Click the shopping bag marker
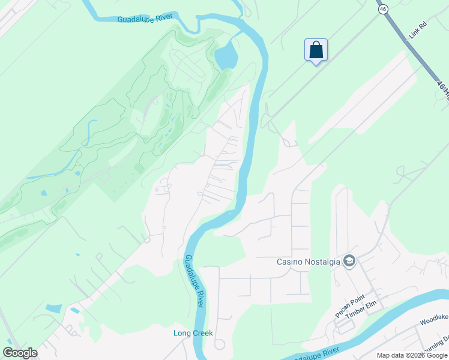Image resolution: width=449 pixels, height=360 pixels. [x=316, y=50]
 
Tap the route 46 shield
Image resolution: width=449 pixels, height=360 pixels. [x=382, y=8]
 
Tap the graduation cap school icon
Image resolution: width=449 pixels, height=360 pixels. [x=349, y=261]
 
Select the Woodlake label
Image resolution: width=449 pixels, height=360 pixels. [x=435, y=322]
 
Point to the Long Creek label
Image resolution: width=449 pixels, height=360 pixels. [x=193, y=333]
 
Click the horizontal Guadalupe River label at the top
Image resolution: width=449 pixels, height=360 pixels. [x=145, y=19]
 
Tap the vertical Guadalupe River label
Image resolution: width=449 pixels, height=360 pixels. [x=194, y=281]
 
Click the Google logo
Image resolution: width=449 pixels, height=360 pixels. [x=20, y=353]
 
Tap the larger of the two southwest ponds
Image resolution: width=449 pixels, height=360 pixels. [x=53, y=308]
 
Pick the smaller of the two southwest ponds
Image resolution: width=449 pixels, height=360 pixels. [x=74, y=311]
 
